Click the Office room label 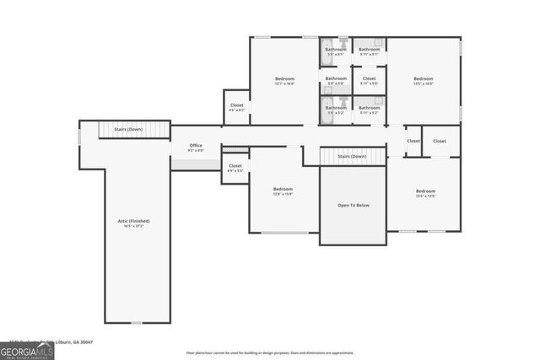click(x=196, y=146)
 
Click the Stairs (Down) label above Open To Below click(x=351, y=156)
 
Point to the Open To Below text click(x=352, y=205)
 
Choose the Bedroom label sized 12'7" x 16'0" click(x=284, y=78)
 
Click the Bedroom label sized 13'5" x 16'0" click(x=423, y=78)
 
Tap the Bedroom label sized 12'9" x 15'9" click(x=282, y=189)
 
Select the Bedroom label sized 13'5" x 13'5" click(x=425, y=191)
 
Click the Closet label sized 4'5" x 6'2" click(x=236, y=105)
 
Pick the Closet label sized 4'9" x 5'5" click(x=235, y=165)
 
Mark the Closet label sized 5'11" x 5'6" click(x=369, y=78)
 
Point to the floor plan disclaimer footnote click(x=270, y=352)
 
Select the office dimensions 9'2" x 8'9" click(x=196, y=151)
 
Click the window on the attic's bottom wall click(x=137, y=322)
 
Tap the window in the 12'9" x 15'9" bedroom click(x=284, y=232)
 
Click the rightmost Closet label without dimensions click(x=440, y=141)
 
